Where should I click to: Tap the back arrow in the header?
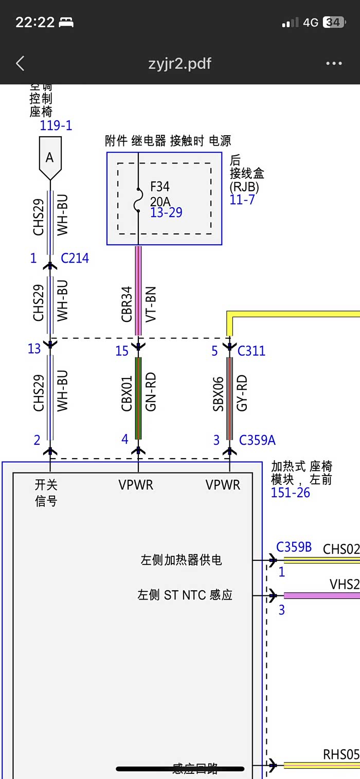tap(20, 64)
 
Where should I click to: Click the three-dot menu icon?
tap(334, 64)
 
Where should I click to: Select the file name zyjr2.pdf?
tap(179, 64)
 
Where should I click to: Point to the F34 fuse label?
tap(160, 186)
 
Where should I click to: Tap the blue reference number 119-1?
tap(56, 125)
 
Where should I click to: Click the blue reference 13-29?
tap(166, 212)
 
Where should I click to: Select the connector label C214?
tap(75, 258)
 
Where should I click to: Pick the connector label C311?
tap(251, 351)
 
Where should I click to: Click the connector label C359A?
tap(257, 440)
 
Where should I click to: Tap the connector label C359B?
tap(294, 547)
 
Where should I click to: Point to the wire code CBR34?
tap(127, 304)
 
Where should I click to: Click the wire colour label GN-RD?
tap(151, 392)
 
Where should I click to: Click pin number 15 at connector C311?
tap(122, 351)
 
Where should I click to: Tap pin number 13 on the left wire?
tap(34, 349)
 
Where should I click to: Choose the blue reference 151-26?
tap(291, 493)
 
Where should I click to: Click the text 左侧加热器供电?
tap(181, 560)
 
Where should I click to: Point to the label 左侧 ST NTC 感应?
tap(185, 595)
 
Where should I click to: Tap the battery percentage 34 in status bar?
tap(333, 23)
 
